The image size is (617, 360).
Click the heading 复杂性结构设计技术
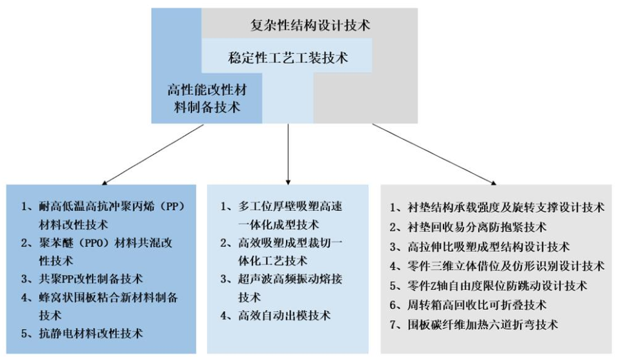310,26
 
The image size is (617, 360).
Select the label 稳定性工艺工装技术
288,58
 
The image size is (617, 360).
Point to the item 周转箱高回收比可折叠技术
476,305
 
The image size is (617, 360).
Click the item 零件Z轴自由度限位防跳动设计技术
497,285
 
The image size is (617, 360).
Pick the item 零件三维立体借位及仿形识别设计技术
497,265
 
